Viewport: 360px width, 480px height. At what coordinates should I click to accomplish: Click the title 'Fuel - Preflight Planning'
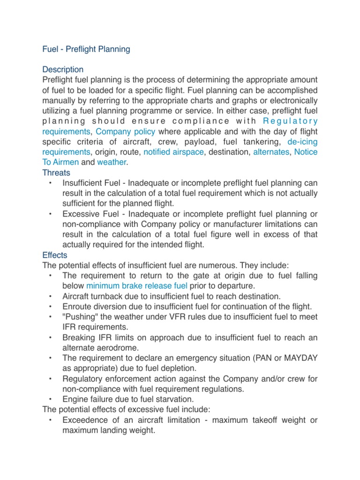point(86,49)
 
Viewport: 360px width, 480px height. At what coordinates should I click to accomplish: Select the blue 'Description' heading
point(63,69)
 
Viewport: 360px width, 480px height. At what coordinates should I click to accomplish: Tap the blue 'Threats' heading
point(56,172)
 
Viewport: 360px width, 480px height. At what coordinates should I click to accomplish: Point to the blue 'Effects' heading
point(55,255)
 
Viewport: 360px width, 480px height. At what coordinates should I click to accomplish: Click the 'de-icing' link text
point(302,142)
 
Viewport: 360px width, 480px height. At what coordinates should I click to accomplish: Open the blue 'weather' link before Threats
point(112,162)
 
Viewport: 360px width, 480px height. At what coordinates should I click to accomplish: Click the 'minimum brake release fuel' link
point(137,285)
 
